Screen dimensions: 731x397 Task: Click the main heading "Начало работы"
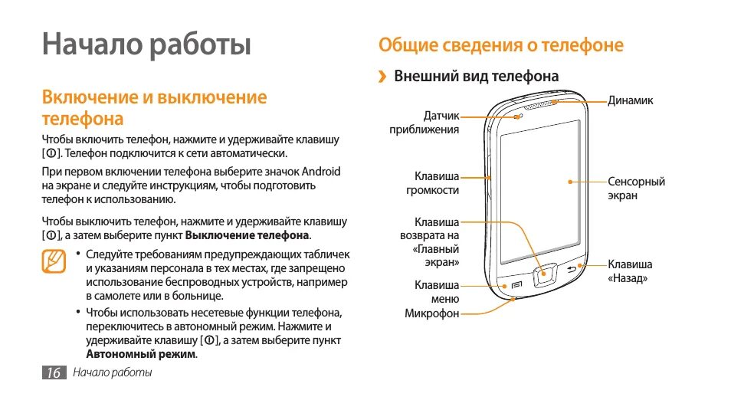pos(146,44)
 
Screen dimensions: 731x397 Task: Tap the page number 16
pos(53,373)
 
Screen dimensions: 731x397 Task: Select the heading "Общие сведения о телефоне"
pos(501,45)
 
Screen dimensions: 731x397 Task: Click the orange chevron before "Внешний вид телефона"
pos(382,77)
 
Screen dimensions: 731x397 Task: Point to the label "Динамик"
pos(631,100)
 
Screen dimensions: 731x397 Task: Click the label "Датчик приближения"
pos(434,123)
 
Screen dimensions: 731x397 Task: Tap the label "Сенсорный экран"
pos(635,189)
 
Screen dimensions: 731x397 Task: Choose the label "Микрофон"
pos(432,313)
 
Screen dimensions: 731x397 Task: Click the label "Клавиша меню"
pos(437,292)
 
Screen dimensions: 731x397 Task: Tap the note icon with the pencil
pos(54,261)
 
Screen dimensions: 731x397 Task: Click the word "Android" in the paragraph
pos(321,172)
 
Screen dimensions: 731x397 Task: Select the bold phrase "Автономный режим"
pos(140,354)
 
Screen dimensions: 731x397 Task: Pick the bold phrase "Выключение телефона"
pos(247,235)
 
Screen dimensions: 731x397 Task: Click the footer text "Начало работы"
pos(113,373)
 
